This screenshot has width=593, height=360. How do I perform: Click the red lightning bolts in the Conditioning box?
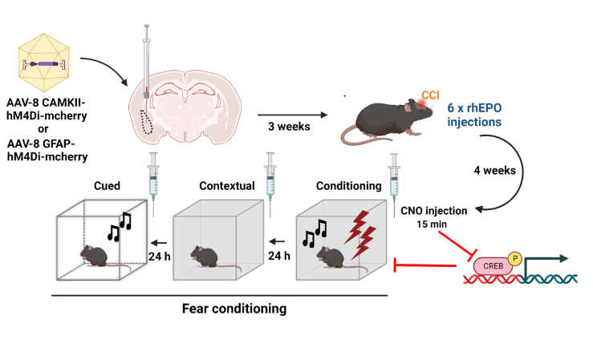pos(359,226)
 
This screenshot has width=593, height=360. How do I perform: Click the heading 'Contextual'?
pos(227,186)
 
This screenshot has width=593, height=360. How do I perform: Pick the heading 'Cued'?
pos(106,186)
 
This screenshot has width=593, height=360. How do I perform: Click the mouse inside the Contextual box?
pos(207,256)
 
